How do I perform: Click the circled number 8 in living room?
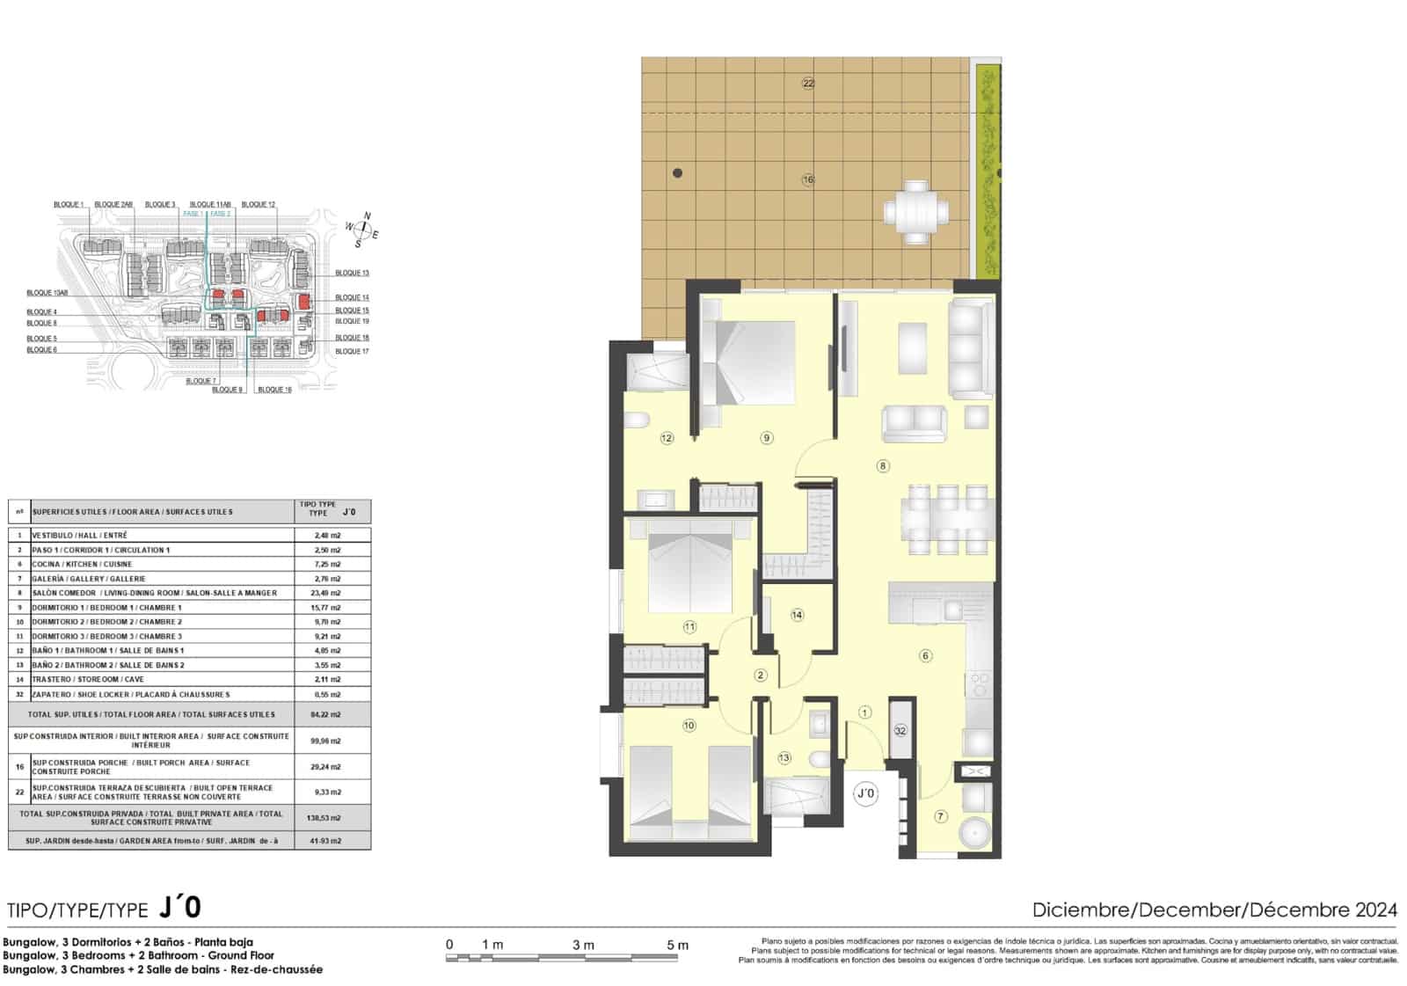click(x=883, y=466)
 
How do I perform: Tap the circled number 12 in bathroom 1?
click(x=667, y=437)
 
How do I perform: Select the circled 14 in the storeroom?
click(x=797, y=615)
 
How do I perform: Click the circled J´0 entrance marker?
click(x=866, y=793)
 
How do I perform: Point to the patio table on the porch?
click(x=916, y=212)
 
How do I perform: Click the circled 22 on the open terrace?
click(x=808, y=84)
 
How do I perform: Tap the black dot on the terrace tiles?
click(x=677, y=173)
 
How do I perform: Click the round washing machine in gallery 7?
click(x=973, y=832)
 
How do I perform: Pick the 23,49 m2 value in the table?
click(x=327, y=593)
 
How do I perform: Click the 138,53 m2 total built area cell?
click(x=327, y=817)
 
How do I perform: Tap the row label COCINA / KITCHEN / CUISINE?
click(x=82, y=564)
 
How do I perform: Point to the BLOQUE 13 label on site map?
click(x=352, y=273)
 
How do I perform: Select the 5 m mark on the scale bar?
click(x=677, y=946)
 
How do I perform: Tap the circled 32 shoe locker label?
click(x=900, y=730)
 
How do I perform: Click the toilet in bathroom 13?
click(x=817, y=758)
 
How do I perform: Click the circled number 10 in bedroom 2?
click(x=689, y=726)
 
